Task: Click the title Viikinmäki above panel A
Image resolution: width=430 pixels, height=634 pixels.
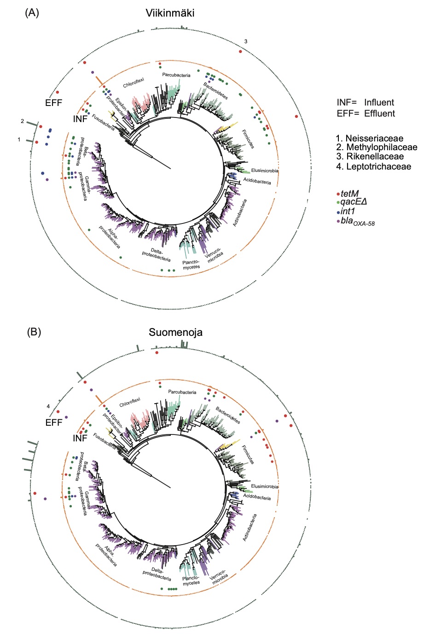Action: click(170, 13)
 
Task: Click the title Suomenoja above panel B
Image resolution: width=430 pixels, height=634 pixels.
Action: click(175, 332)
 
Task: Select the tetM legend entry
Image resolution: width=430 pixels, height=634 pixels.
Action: click(349, 194)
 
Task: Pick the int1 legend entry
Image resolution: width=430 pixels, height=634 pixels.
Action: click(349, 211)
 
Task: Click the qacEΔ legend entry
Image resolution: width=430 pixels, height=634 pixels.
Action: click(354, 202)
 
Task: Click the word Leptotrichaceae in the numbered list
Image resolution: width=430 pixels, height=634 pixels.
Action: click(378, 166)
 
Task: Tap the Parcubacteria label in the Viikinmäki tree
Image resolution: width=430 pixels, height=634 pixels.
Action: click(176, 75)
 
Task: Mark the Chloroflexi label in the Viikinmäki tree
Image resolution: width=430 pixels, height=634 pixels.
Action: click(134, 83)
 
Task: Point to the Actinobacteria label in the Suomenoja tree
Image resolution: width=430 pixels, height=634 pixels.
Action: click(249, 528)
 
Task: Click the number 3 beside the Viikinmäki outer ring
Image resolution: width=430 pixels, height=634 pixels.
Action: click(246, 41)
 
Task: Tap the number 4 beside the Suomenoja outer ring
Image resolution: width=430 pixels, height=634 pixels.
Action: click(48, 406)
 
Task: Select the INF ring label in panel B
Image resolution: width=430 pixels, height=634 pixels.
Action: click(80, 438)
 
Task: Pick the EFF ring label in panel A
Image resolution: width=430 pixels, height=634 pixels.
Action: click(53, 103)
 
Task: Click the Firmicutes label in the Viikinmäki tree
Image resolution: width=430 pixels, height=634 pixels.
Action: click(248, 139)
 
